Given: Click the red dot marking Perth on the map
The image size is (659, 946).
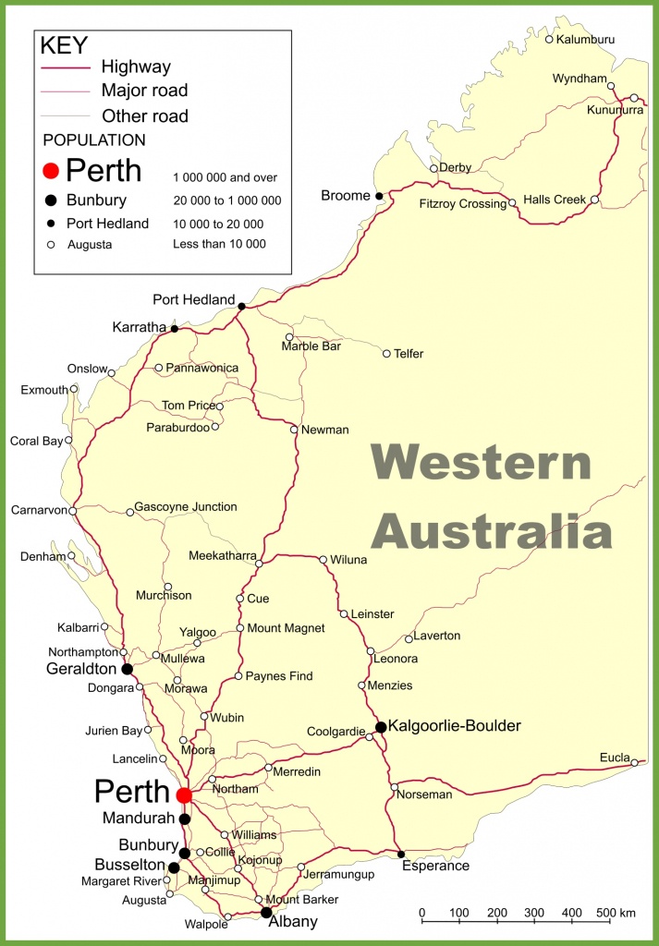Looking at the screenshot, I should click(x=184, y=794).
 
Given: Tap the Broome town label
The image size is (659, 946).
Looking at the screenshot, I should click(x=345, y=196).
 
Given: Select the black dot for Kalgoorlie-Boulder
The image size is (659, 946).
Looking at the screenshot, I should click(x=380, y=727).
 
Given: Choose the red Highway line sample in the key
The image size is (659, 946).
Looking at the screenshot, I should click(x=66, y=67).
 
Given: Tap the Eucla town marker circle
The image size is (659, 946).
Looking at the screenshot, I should click(x=635, y=762).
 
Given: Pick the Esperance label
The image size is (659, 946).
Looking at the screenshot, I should click(x=435, y=867).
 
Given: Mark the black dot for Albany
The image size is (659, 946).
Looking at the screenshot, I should click(x=266, y=913).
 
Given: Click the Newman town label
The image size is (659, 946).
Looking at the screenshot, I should click(x=325, y=430).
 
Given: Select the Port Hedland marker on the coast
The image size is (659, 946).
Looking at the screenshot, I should click(x=241, y=306).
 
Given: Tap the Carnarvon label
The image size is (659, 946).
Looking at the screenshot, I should click(x=38, y=510).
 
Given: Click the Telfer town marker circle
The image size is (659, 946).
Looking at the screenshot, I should click(x=386, y=353).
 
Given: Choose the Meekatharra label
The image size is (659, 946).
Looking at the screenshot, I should click(x=222, y=555).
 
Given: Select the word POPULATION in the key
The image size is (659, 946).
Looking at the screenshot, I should click(x=94, y=140).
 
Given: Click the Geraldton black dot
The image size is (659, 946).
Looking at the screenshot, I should click(x=127, y=669).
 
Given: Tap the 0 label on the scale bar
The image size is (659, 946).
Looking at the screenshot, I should click(x=422, y=914).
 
